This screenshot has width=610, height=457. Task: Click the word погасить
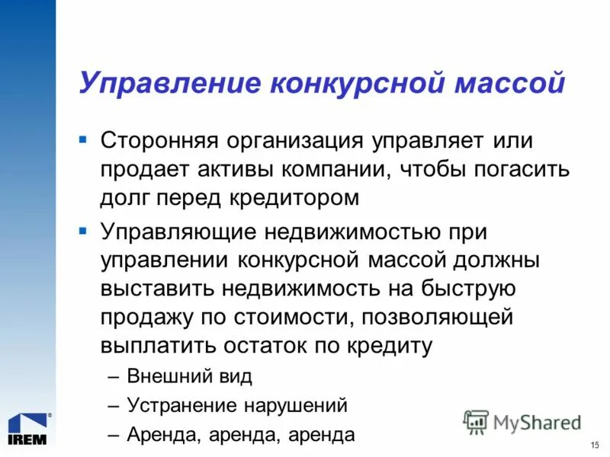(x=524, y=169)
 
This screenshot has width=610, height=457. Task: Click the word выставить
(x=156, y=288)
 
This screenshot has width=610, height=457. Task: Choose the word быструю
(x=472, y=289)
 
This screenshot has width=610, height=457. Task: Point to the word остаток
(x=268, y=344)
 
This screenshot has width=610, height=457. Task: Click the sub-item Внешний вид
(x=189, y=376)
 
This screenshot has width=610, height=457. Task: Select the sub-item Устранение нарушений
(x=237, y=405)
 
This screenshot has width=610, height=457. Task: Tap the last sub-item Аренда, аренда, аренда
(x=241, y=434)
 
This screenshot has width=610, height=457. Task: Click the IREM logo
(x=29, y=428)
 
